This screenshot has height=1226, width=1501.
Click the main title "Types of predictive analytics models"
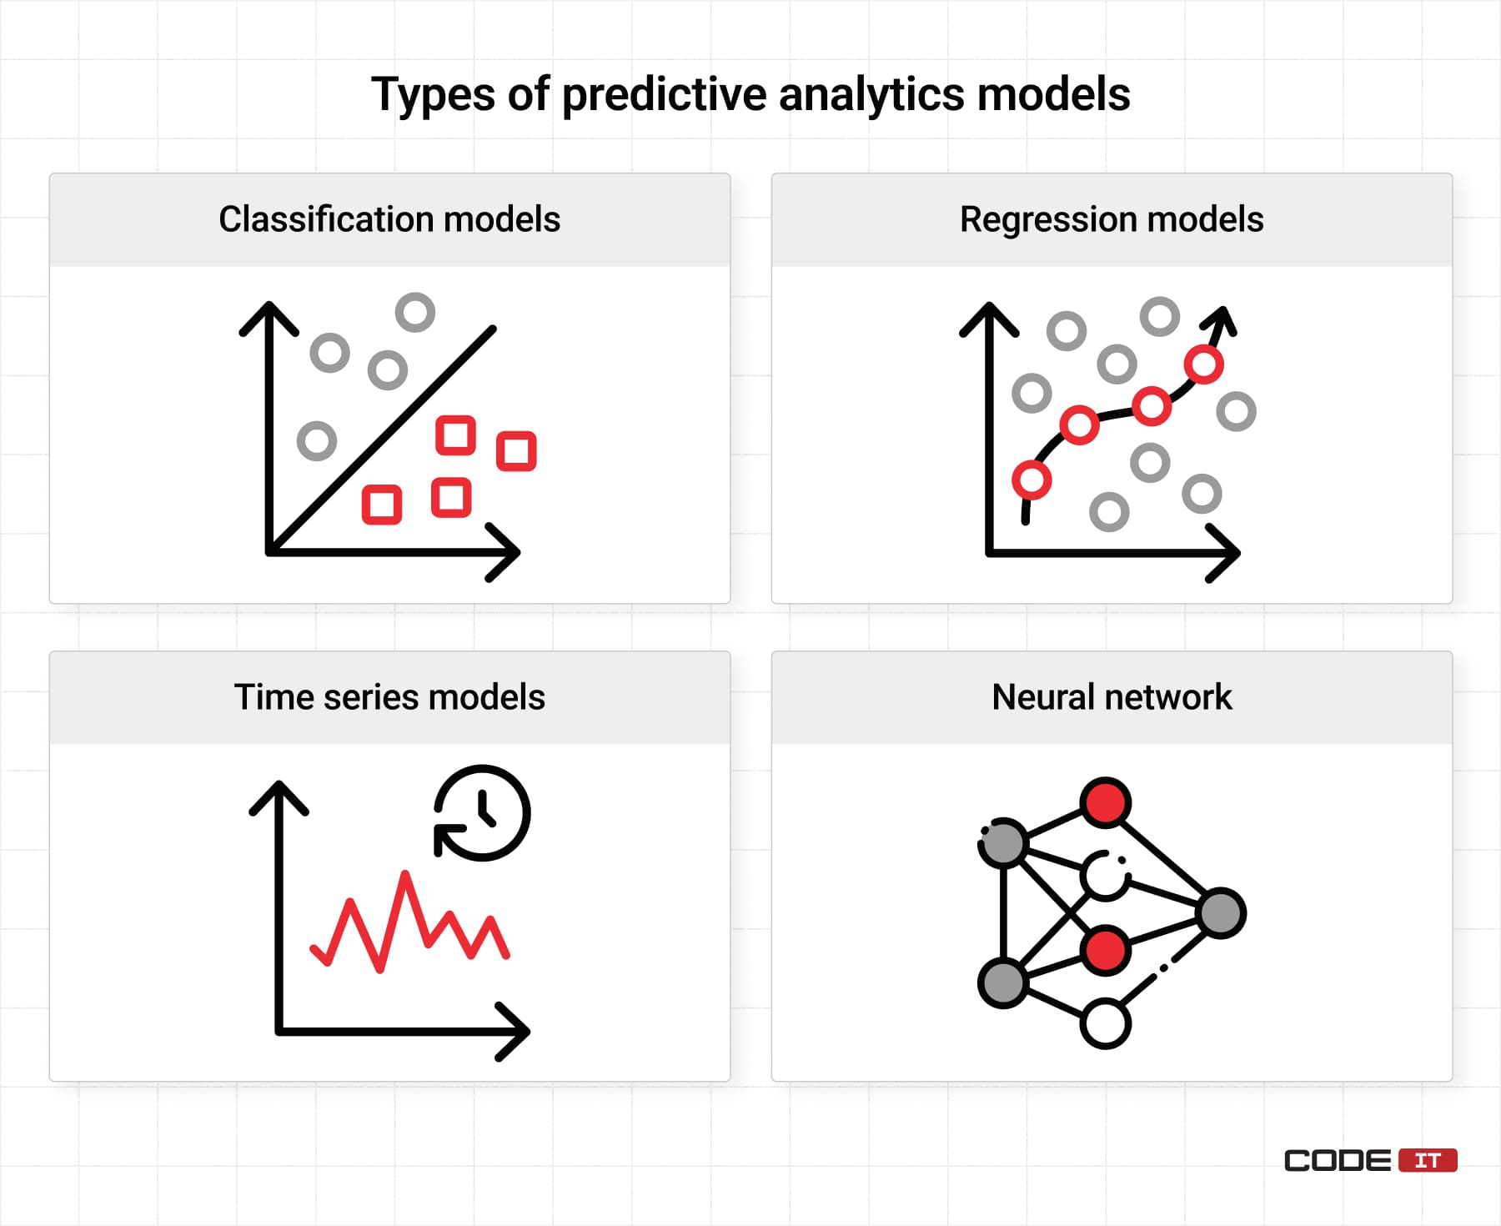tap(750, 93)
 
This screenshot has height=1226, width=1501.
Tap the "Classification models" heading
tap(389, 219)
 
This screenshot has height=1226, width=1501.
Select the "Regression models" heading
tap(1112, 220)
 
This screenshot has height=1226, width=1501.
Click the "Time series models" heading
tap(389, 697)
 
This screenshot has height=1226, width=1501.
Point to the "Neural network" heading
tap(1112, 697)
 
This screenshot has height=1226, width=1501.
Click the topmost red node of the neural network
tap(1106, 802)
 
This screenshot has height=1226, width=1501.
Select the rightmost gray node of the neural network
tap(1221, 912)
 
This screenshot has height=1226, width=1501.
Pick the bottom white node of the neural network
tap(1106, 1023)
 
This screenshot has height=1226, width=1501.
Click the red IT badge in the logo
tap(1428, 1160)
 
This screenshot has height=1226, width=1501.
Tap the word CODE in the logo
tap(1338, 1160)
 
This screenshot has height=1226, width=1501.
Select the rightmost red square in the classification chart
tap(516, 451)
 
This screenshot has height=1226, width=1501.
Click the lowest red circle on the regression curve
tap(1032, 480)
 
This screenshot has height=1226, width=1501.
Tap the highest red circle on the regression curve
tap(1203, 364)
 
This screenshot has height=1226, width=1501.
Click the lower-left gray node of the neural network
tap(1003, 982)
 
